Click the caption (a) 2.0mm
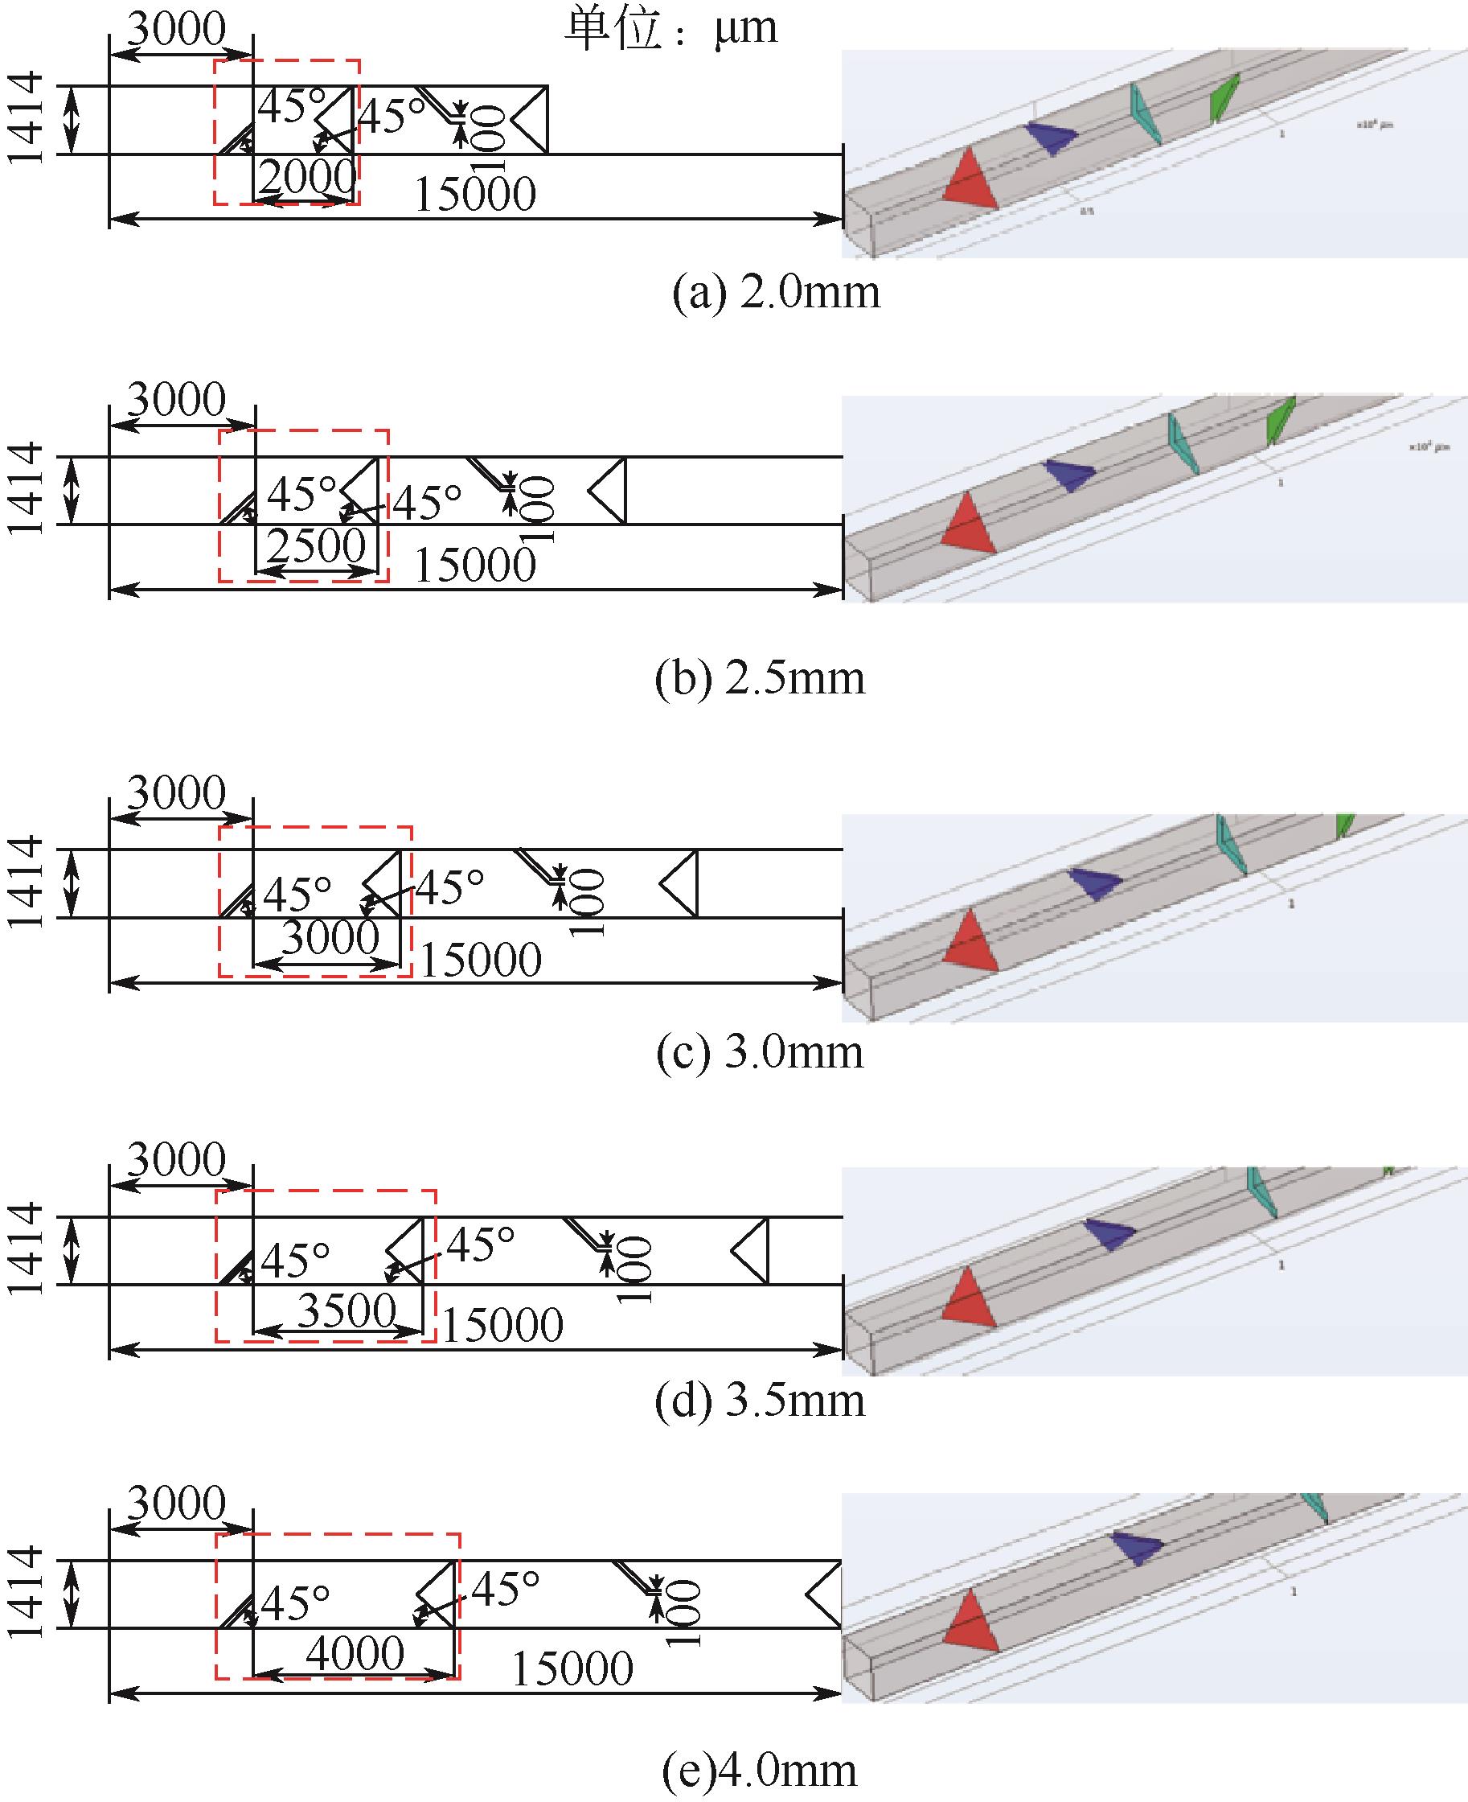pyautogui.click(x=776, y=293)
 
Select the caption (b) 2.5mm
pyautogui.click(x=760, y=678)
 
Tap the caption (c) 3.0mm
pyautogui.click(x=760, y=1052)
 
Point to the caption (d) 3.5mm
pyautogui.click(x=760, y=1400)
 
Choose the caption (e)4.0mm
pyautogui.click(x=760, y=1770)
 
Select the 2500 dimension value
pyautogui.click(x=316, y=545)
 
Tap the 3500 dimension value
pyautogui.click(x=346, y=1310)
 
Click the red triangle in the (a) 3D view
pyautogui.click(x=971, y=180)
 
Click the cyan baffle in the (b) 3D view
pyautogui.click(x=1182, y=443)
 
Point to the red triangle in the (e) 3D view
pyautogui.click(x=971, y=1621)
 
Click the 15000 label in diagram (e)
pyautogui.click(x=572, y=1668)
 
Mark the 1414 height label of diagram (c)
pyautogui.click(x=27, y=882)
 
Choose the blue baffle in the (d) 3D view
pyautogui.click(x=1110, y=1233)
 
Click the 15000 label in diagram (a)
pyautogui.click(x=475, y=195)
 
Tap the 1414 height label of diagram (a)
pyautogui.click(x=27, y=118)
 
